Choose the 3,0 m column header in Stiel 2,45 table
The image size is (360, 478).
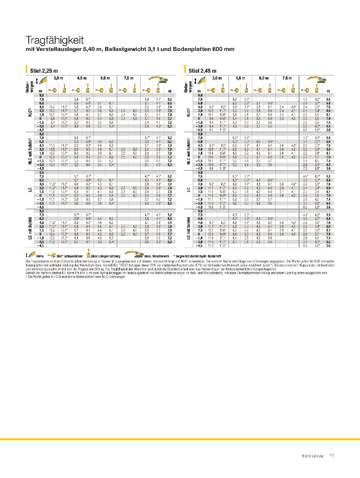[217, 78]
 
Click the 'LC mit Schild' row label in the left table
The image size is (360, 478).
[30, 230]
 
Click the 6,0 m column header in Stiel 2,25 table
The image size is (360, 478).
[105, 78]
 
